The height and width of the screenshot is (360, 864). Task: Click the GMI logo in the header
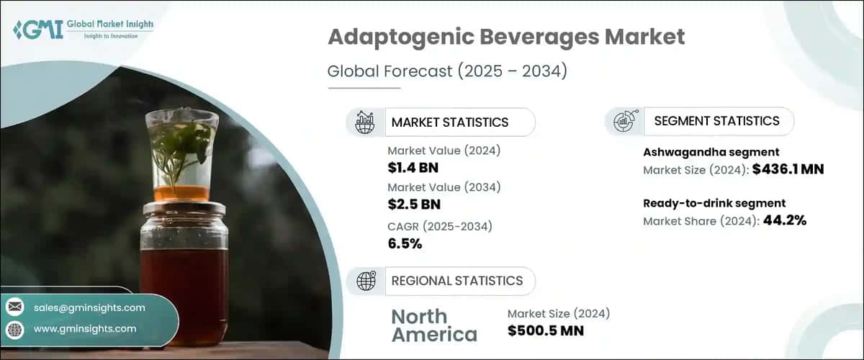pyautogui.click(x=83, y=30)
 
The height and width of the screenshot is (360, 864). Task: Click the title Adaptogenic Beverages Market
pyautogui.click(x=506, y=37)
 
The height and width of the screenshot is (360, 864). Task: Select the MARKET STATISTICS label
pyautogui.click(x=449, y=122)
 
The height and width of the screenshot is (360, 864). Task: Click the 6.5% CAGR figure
pyautogui.click(x=405, y=243)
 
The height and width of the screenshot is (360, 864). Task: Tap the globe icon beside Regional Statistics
pyautogui.click(x=366, y=281)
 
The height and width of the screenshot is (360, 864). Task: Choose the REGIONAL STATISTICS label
pyautogui.click(x=456, y=281)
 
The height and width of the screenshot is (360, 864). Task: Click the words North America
pyautogui.click(x=433, y=325)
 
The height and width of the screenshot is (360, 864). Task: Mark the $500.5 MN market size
pyautogui.click(x=545, y=330)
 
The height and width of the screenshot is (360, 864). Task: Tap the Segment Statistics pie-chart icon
pyautogui.click(x=623, y=121)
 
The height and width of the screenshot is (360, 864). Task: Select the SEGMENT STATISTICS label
pyautogui.click(x=716, y=121)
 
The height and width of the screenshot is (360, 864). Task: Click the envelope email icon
pyautogui.click(x=14, y=307)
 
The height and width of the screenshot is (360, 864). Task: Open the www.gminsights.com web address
pyautogui.click(x=85, y=328)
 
